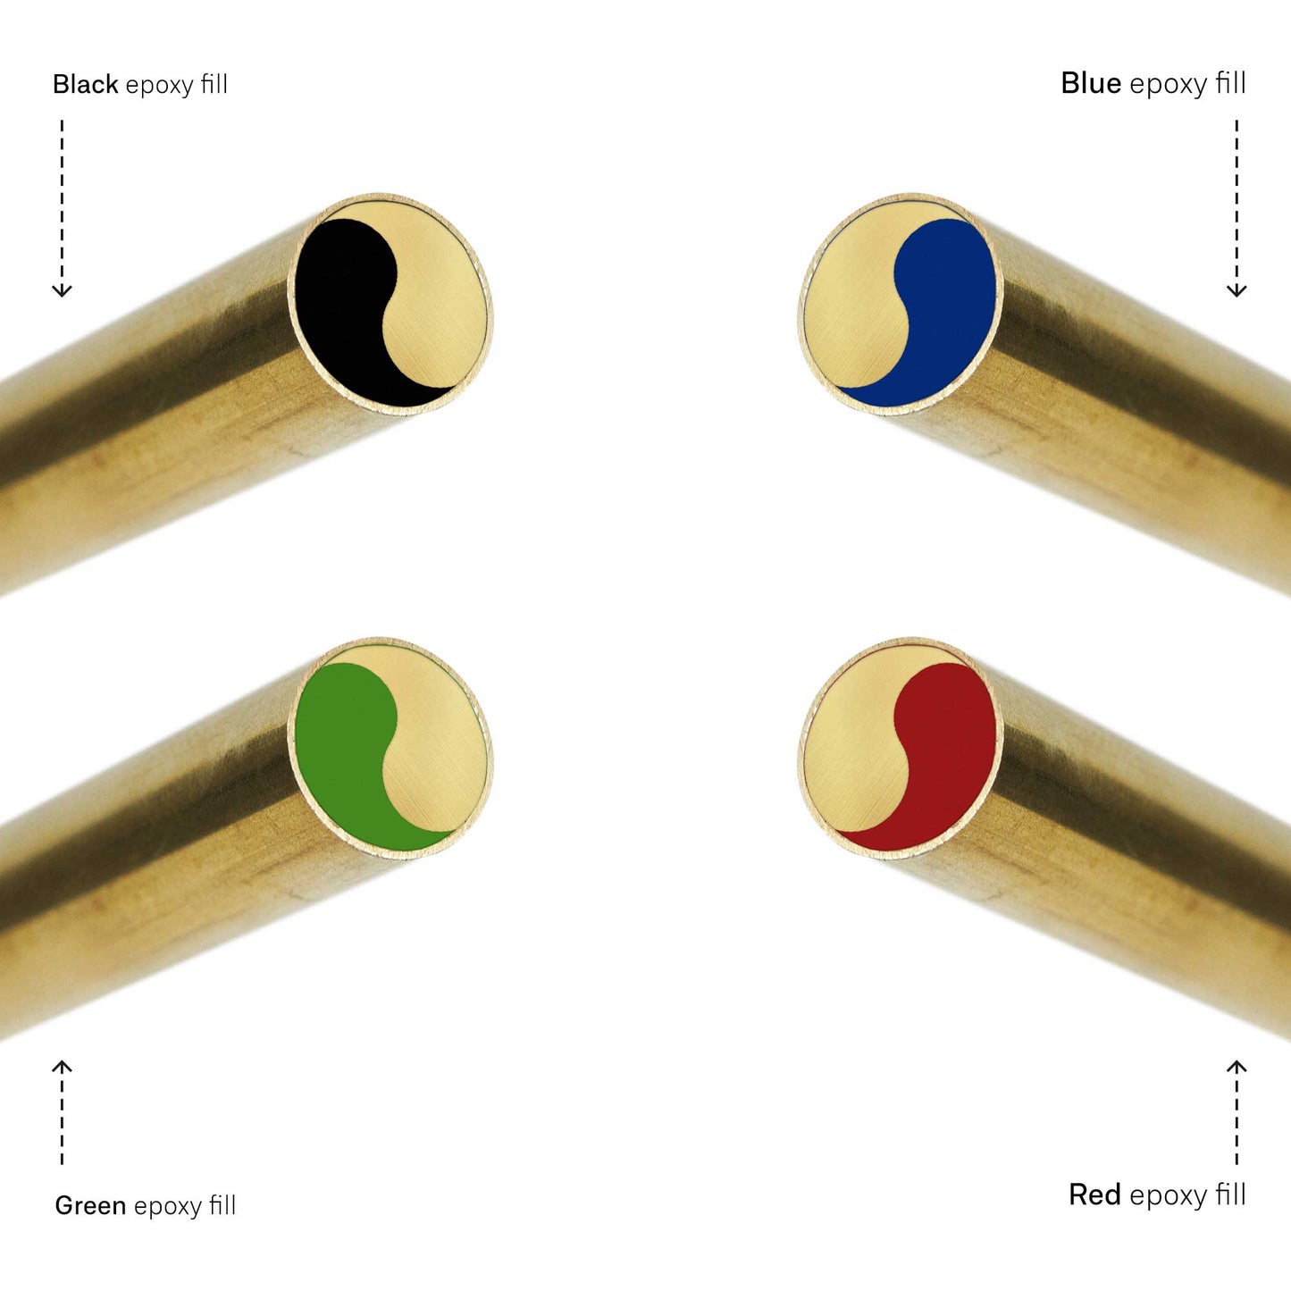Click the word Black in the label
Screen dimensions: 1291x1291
[86, 84]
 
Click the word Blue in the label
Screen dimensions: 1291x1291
[1091, 83]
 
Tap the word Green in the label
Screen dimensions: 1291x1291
[90, 1205]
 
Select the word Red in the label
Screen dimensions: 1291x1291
[1094, 1194]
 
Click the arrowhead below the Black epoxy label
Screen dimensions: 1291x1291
[63, 290]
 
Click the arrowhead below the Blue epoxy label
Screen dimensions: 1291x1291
[1237, 290]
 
